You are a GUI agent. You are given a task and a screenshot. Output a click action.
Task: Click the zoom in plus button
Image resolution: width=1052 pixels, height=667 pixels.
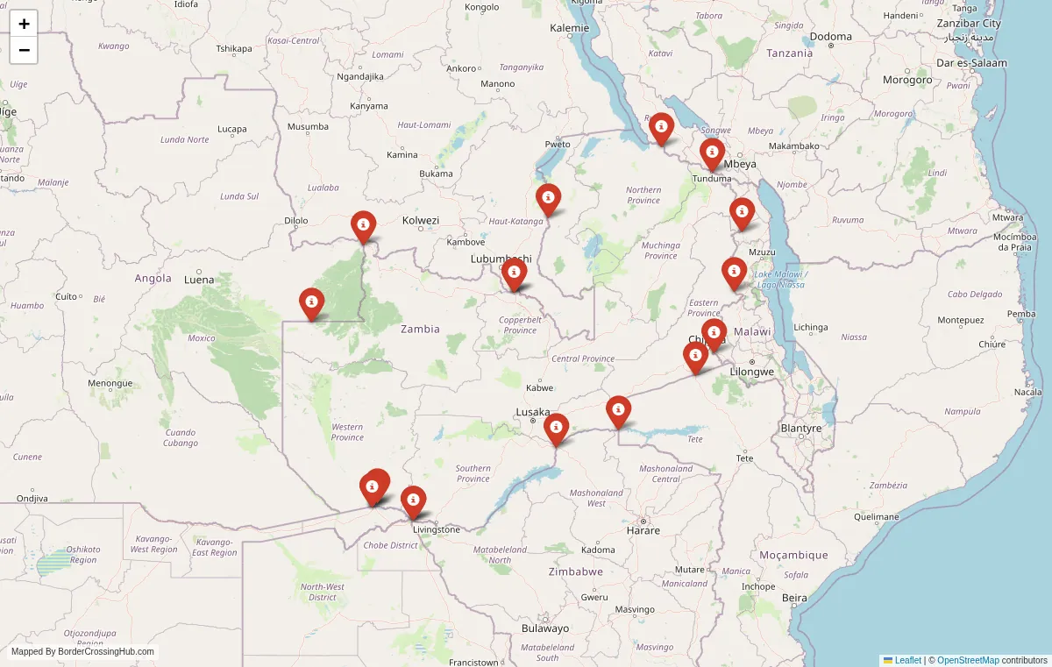point(24,24)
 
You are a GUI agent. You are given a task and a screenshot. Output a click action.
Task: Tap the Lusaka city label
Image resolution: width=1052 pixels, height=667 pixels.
point(533,412)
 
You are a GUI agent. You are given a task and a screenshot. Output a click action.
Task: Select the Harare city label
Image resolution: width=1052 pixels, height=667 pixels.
point(643,530)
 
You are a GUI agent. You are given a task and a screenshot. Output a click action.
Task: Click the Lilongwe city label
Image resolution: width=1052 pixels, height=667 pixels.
point(751,372)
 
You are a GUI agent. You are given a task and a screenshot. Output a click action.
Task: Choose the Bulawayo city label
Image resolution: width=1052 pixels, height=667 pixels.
point(544,628)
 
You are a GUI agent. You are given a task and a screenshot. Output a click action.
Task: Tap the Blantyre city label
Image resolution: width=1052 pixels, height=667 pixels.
point(800,429)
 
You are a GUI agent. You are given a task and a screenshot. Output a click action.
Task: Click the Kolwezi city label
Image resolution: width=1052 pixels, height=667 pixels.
point(420,220)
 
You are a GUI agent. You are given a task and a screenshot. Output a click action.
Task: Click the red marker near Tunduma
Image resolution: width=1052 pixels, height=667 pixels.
point(712,153)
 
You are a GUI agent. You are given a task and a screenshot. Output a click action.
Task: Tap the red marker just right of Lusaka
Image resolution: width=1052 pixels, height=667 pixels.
point(556,429)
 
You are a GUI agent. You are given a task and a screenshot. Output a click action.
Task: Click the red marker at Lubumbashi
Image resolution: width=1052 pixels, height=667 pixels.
point(514,273)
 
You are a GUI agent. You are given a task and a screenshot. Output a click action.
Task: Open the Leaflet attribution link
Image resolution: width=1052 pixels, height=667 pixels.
point(907,660)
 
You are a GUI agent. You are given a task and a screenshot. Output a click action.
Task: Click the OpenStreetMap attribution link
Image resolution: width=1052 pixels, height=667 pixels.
point(968,660)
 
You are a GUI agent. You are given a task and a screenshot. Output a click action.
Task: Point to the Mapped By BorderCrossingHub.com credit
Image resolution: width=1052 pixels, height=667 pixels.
point(82,652)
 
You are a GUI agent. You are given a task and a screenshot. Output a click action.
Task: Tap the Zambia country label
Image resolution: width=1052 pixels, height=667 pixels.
point(420,329)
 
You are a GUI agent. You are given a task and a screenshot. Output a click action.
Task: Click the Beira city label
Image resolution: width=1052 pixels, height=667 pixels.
point(793,598)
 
